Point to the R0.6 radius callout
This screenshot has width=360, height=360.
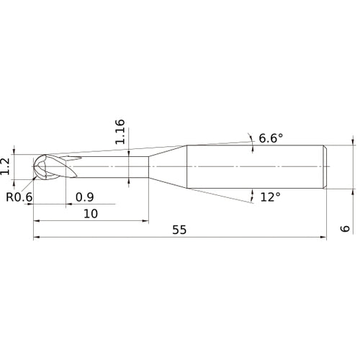pyautogui.click(x=19, y=197)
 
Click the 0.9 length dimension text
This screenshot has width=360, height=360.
pyautogui.click(x=84, y=197)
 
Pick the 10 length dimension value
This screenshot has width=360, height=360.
pyautogui.click(x=90, y=214)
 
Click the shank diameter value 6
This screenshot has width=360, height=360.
pyautogui.click(x=346, y=228)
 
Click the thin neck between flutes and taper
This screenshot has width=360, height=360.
pyautogui.click(x=115, y=168)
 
